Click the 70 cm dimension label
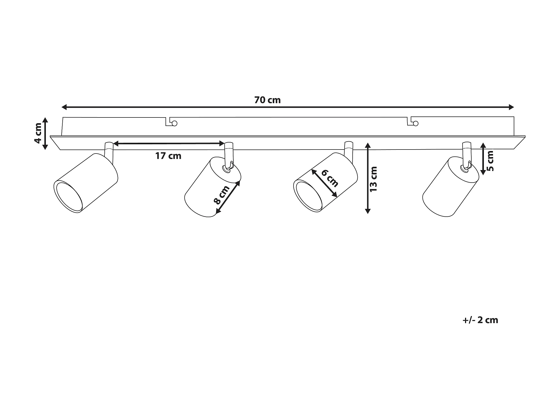267,100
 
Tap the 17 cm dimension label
168,156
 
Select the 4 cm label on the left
38,133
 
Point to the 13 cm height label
373,179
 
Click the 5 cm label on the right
490,161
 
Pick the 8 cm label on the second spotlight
221,195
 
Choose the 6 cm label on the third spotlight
330,179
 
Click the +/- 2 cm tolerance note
480,320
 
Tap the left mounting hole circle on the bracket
174,123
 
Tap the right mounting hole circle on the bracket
415,123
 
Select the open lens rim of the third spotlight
308,196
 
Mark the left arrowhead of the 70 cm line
64,107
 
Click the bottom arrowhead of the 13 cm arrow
368,211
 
